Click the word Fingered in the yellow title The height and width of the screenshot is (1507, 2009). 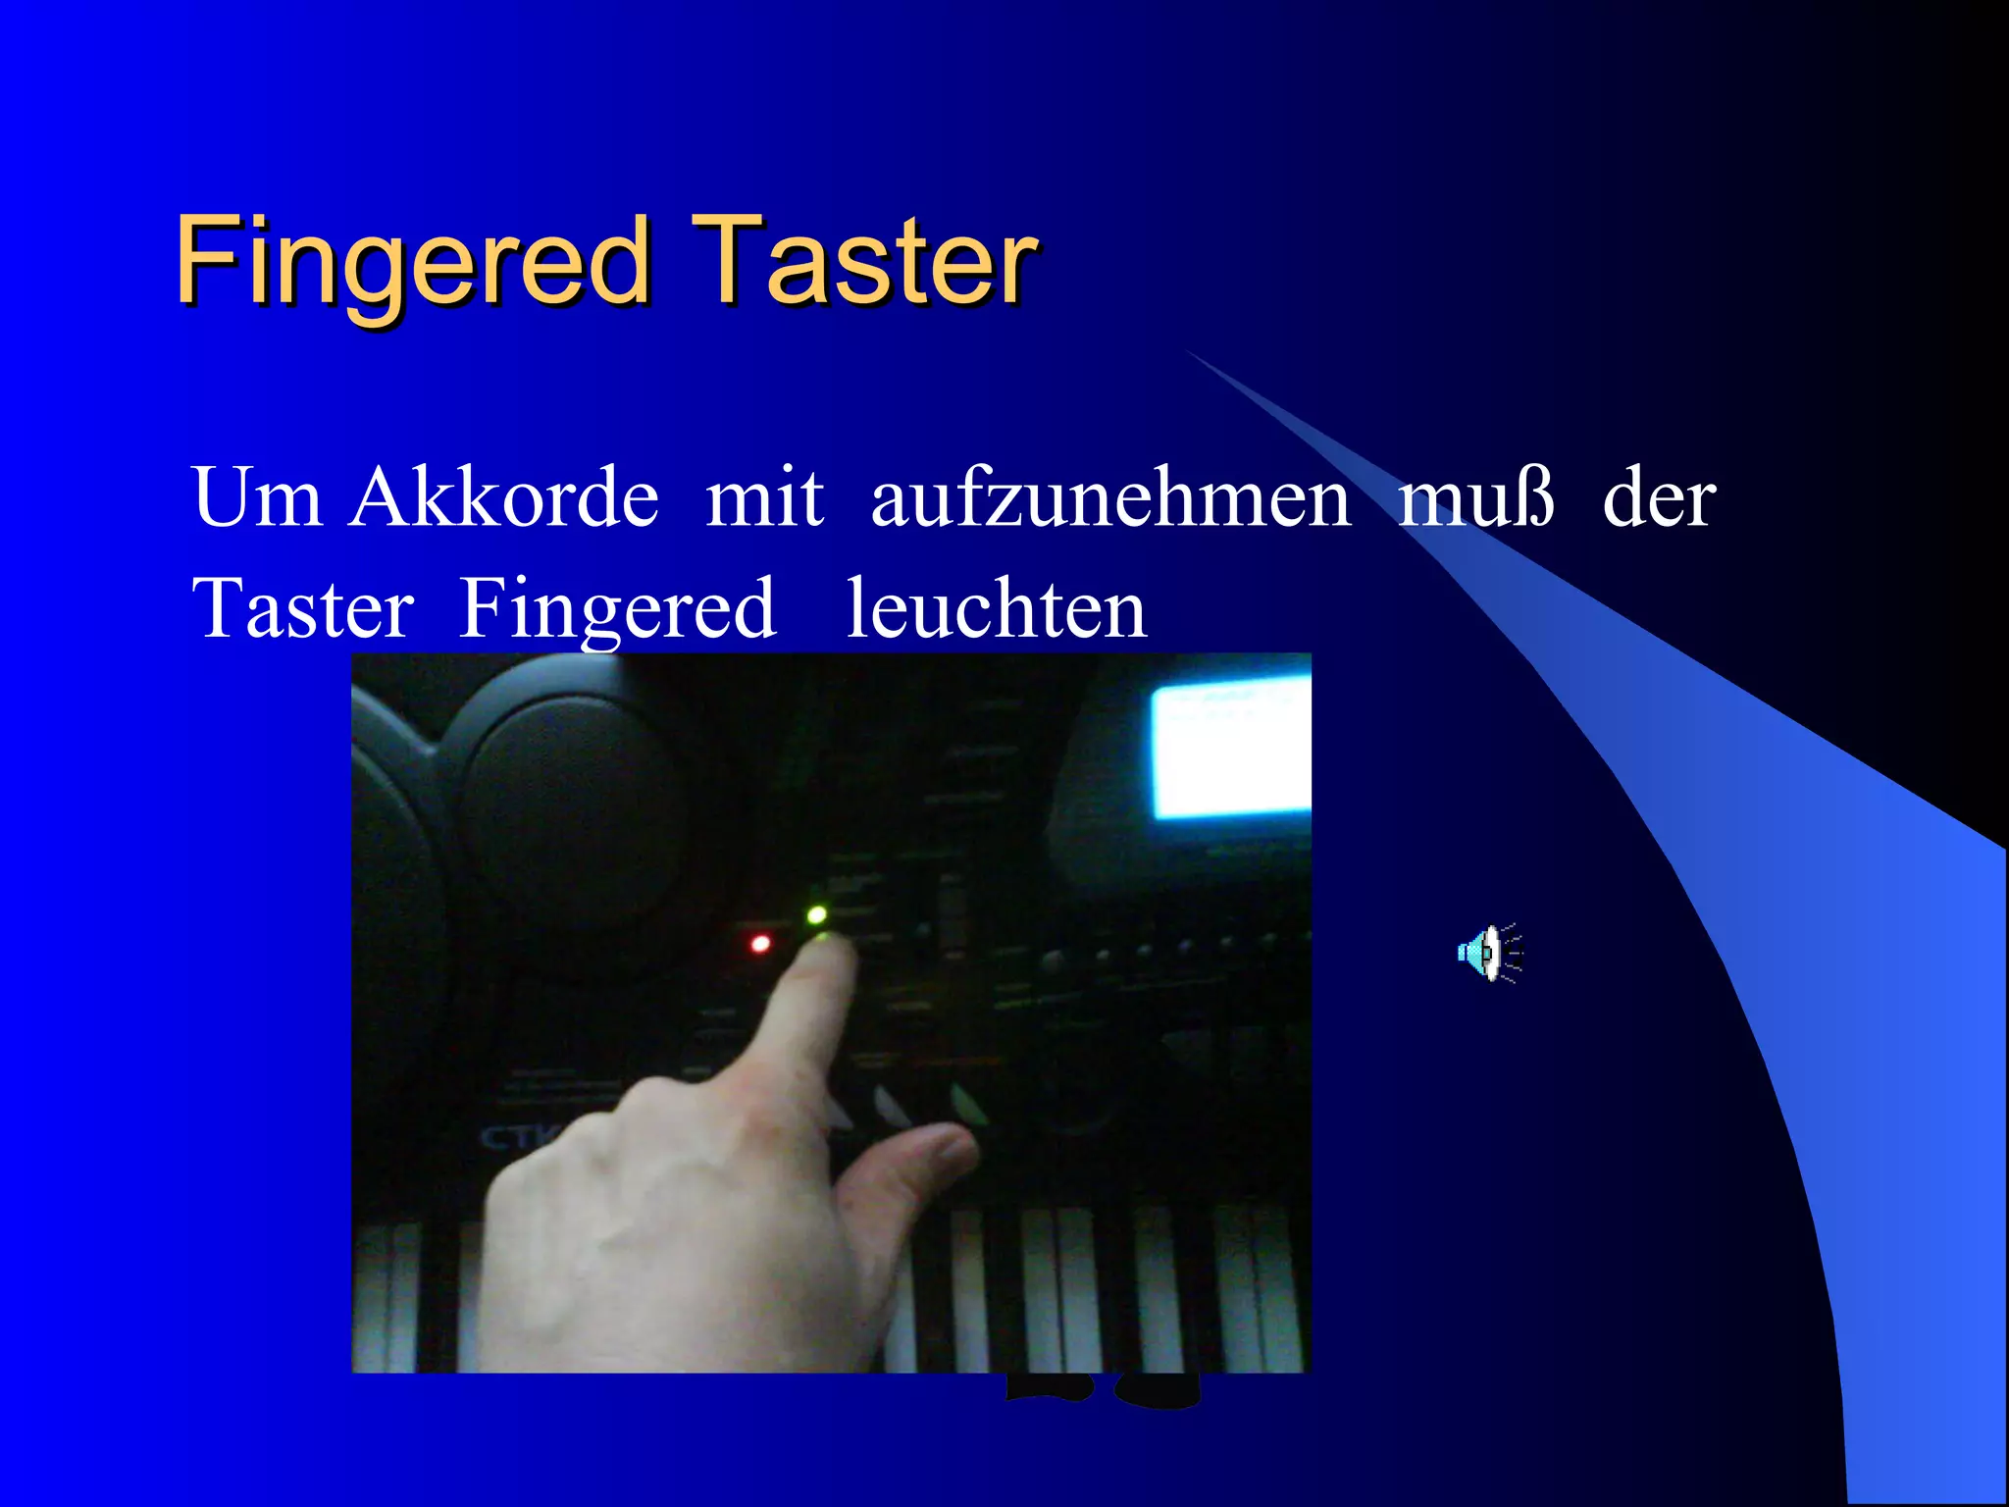[412, 261]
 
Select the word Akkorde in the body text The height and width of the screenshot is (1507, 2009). [504, 498]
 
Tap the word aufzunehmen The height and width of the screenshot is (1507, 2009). [1110, 498]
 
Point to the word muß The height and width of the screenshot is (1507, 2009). [1477, 498]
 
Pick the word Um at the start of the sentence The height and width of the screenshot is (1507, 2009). [257, 498]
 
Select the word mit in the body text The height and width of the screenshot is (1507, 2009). [765, 498]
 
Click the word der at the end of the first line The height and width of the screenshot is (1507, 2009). [1659, 498]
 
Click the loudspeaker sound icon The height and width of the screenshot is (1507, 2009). [1489, 952]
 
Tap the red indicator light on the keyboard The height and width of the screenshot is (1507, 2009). [760, 944]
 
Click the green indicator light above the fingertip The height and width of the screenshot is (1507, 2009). [816, 915]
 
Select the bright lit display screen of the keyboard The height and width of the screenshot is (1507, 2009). [1231, 751]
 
